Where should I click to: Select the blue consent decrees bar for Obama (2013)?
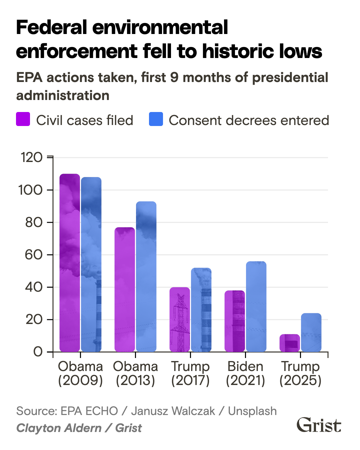146,277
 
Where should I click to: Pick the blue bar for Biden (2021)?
256,307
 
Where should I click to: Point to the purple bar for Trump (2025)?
289,343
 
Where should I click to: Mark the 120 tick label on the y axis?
32,157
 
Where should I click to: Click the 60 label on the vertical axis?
34,255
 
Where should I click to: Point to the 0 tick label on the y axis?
38,352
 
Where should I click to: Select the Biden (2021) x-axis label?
245,373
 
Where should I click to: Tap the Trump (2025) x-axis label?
300,373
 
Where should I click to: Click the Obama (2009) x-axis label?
80,373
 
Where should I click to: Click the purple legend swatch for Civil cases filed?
23,119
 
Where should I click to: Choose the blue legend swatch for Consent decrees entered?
156,119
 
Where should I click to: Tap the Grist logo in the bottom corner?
319,425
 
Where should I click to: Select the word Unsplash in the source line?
252,411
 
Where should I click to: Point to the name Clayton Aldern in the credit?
59,428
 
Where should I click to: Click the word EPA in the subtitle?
29,78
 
